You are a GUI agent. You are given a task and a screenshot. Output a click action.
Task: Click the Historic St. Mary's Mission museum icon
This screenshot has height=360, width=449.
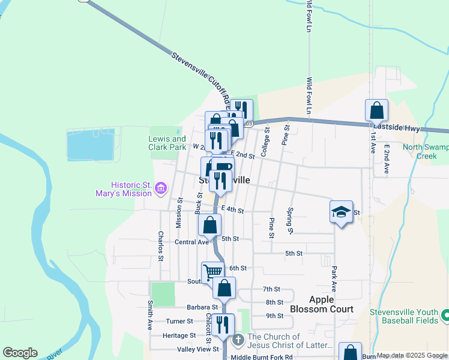click(x=160, y=189)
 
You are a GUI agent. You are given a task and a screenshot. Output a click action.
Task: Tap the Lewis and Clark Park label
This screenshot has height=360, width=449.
click(x=167, y=143)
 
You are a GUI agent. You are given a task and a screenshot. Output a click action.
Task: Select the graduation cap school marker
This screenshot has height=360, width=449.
click(x=341, y=212)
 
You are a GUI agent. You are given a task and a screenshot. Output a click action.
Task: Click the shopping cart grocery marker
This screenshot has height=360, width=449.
click(x=212, y=272)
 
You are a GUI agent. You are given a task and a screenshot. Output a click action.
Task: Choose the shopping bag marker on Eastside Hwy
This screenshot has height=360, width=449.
click(x=376, y=110)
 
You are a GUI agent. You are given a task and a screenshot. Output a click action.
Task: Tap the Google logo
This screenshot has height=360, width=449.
click(x=20, y=353)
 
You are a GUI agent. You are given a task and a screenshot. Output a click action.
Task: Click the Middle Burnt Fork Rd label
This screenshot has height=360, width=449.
click(x=261, y=357)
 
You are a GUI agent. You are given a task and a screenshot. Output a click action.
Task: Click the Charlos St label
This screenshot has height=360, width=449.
click(x=161, y=246)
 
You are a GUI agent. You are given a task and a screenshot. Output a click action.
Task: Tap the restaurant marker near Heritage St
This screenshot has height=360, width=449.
click(x=223, y=325)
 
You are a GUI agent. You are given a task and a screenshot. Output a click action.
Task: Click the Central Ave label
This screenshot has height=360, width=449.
click(x=191, y=242)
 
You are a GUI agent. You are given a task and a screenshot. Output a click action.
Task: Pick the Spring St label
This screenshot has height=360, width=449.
click(x=290, y=221)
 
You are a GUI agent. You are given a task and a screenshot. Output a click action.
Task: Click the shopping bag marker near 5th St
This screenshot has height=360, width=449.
click(x=210, y=226)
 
